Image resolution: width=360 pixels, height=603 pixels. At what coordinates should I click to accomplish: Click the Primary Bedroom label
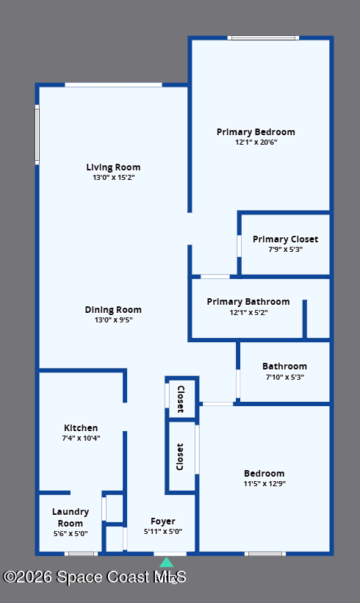point(256,132)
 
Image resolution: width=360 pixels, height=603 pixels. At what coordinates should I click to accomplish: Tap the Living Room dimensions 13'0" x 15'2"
point(113,177)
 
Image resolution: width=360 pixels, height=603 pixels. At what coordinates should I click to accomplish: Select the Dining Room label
point(113,309)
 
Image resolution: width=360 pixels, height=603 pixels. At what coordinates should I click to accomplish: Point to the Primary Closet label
point(285,239)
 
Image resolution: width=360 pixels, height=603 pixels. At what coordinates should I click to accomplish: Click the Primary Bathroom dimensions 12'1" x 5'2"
point(248,312)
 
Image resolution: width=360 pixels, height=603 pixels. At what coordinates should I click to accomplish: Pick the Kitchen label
point(81,427)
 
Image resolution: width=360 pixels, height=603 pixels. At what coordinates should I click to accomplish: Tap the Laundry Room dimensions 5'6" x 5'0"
point(71,533)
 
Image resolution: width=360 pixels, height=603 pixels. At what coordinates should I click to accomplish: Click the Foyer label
point(163,521)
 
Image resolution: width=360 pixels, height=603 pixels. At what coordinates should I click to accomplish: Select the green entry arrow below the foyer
point(167,563)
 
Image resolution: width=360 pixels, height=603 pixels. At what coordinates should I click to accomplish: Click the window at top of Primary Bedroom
point(264,37)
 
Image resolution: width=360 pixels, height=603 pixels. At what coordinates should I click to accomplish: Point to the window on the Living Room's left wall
point(37,134)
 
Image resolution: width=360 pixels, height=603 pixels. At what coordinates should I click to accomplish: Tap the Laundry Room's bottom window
point(81,554)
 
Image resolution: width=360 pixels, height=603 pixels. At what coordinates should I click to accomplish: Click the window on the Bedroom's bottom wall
point(265,554)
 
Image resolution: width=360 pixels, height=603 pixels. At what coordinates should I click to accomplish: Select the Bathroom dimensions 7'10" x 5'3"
point(285,377)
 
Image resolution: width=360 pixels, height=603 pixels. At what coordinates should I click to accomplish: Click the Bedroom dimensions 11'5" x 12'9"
point(264,483)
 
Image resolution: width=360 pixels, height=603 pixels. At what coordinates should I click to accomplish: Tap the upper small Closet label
point(181,399)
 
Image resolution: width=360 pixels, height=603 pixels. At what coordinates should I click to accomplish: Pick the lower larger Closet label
point(180,457)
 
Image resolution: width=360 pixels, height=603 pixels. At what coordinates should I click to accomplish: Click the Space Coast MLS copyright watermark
point(95,577)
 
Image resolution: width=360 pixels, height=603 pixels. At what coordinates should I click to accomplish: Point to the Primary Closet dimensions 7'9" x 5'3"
point(285,249)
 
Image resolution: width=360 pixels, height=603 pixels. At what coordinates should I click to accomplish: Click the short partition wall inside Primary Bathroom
point(305,319)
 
